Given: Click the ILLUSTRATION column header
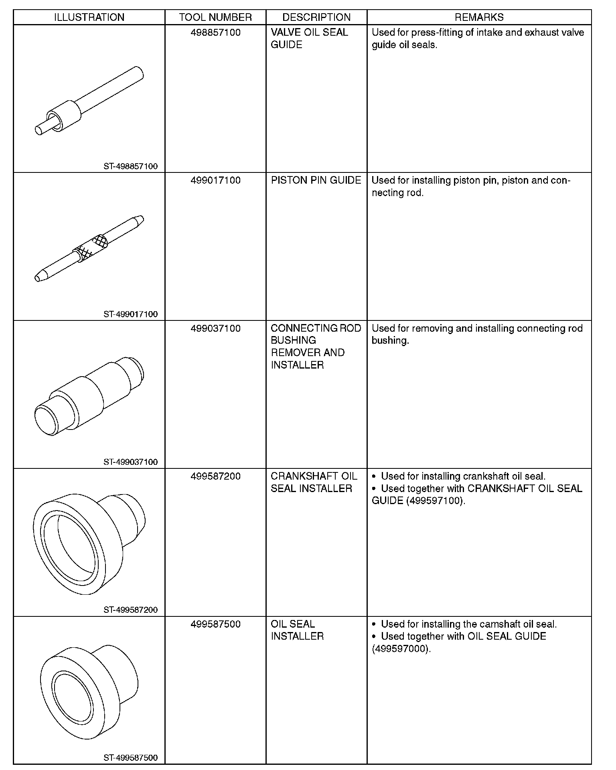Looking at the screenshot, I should (x=89, y=17).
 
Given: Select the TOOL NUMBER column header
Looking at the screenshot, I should (x=215, y=17).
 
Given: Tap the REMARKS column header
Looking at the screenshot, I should (x=479, y=17).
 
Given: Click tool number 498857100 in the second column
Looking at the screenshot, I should (x=215, y=32).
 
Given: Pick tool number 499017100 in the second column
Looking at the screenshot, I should (x=215, y=180).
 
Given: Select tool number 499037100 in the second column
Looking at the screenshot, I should (x=215, y=328).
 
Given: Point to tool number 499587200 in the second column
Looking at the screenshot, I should (x=215, y=476).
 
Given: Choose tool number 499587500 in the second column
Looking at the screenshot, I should (x=215, y=624).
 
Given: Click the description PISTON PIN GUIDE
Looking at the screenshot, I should (x=316, y=180).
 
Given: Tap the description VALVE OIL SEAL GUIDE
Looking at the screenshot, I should (x=309, y=38).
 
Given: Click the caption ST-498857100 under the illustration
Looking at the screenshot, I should (x=130, y=166).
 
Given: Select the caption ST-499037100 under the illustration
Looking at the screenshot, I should (x=130, y=462).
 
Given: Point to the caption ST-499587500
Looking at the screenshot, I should (x=130, y=758).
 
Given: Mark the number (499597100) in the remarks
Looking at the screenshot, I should (x=435, y=501).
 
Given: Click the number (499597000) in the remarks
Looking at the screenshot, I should (x=401, y=649).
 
